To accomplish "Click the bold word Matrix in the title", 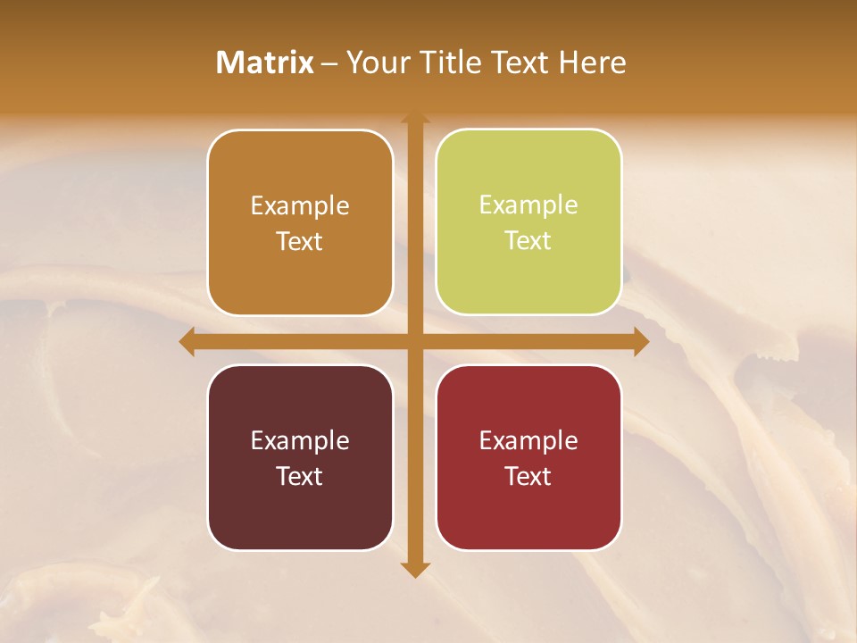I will click(265, 63).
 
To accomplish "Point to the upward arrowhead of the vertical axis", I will click(415, 119).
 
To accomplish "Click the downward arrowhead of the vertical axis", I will click(415, 569).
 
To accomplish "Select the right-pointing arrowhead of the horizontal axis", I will click(640, 342).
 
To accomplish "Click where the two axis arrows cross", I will click(415, 342).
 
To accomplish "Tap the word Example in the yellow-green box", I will click(528, 205).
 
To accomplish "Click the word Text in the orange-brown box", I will click(300, 241).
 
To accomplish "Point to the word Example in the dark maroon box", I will click(300, 440).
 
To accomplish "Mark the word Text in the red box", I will click(528, 476).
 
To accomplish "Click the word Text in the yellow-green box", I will click(528, 240).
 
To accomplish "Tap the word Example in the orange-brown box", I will click(300, 205).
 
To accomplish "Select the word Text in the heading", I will click(518, 63).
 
